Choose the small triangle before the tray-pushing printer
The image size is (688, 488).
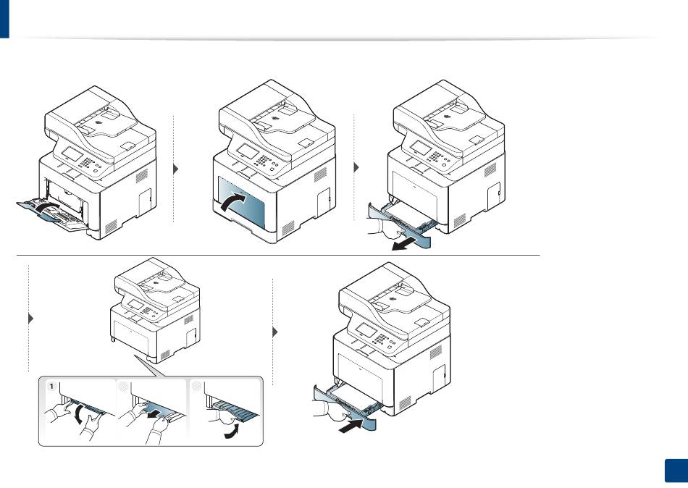[x=276, y=332]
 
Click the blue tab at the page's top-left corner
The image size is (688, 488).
[x=6, y=18]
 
